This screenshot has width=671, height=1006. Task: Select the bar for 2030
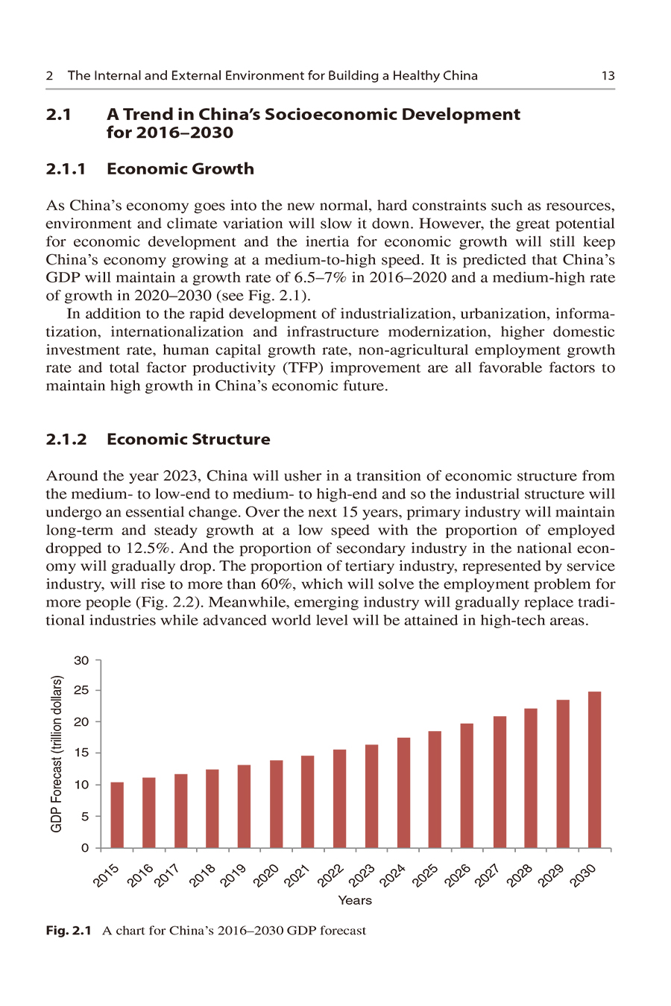[594, 770]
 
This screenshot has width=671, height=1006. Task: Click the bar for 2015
[117, 815]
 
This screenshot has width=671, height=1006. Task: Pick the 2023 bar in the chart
[371, 797]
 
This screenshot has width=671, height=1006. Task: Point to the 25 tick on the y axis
[81, 691]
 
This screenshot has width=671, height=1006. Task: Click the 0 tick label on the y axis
[85, 848]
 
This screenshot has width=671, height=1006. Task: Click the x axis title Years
[355, 900]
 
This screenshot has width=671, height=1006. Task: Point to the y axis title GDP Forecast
[57, 753]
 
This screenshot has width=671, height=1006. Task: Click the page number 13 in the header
[608, 75]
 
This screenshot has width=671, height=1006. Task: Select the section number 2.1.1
[66, 169]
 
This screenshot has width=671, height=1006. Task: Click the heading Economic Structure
[188, 440]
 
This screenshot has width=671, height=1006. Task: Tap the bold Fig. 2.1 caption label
[69, 931]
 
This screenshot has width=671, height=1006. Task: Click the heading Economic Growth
[180, 169]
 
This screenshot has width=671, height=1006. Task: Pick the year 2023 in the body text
[177, 476]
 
